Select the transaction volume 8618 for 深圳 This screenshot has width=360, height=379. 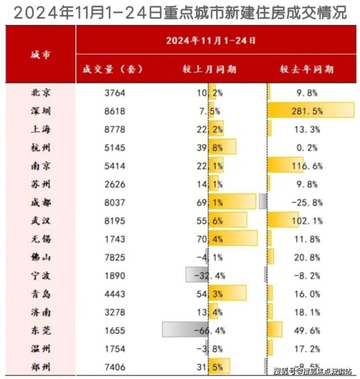coord(115,111)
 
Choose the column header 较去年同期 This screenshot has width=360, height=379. coord(306,69)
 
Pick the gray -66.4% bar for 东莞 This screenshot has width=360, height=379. coord(185,330)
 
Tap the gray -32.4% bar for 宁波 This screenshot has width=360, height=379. coord(197,275)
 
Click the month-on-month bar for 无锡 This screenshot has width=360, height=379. coord(233,238)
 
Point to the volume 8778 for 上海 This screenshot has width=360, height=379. coord(115,129)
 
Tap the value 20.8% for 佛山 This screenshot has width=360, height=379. coord(306,257)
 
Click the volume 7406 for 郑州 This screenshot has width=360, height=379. coord(115,366)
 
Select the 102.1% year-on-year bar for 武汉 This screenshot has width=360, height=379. coord(283,220)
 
